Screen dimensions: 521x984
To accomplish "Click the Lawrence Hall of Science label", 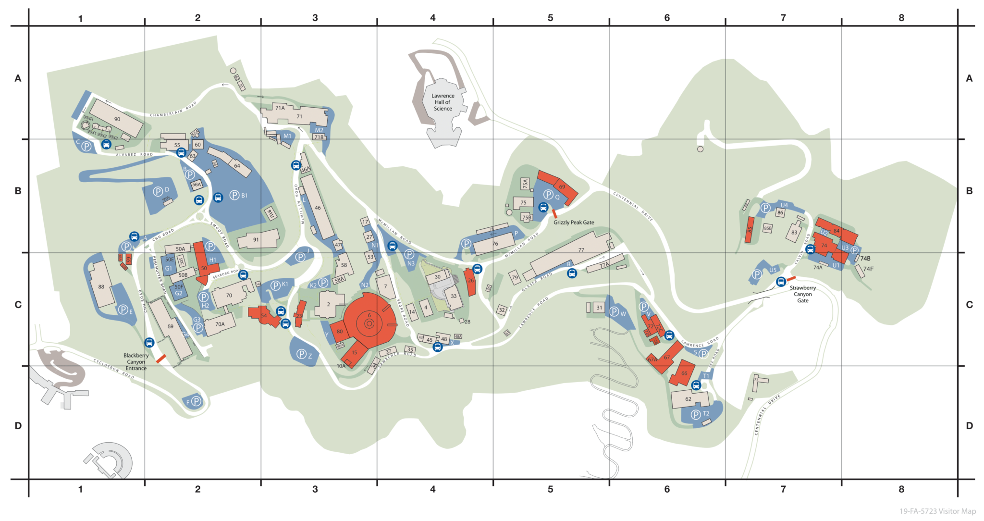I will coord(443,102).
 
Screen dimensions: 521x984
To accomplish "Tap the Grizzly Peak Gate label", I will coord(574,223).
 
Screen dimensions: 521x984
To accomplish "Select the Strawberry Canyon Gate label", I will coord(802,294).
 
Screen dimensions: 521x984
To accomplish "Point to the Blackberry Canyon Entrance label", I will coord(136,362).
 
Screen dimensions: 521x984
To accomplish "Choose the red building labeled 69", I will coord(562,186).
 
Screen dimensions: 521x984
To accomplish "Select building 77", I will coord(581,250).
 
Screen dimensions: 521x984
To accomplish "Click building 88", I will coord(101,287).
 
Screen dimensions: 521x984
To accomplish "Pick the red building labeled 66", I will coord(684,373).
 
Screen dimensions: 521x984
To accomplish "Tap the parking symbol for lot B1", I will coord(234,195).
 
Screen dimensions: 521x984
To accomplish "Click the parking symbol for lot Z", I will coord(301,354).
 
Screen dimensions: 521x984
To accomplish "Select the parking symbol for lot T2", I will coord(696,414).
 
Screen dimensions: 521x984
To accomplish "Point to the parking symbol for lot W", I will coord(614,312).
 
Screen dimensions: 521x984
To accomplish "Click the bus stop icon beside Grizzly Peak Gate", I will coord(543,207).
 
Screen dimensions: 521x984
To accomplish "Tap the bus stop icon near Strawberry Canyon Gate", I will coord(781,282).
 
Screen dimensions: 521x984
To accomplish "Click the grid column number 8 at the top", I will coord(901,18).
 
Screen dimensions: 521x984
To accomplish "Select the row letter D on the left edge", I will coord(18,425).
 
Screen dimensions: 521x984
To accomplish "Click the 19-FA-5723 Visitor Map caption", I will coord(937,511).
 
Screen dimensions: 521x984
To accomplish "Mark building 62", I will coord(688,399).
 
